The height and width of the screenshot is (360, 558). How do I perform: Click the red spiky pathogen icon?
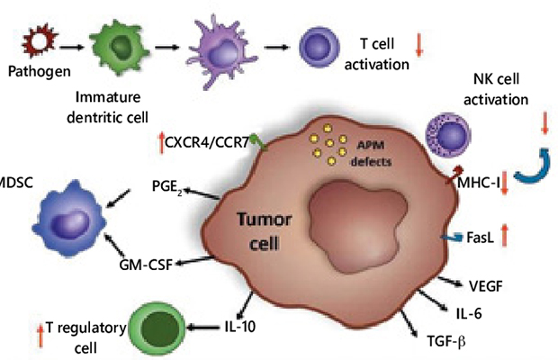click(39, 41)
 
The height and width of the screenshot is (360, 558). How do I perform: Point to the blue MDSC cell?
click(69, 219)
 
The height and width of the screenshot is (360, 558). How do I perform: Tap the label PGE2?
click(166, 187)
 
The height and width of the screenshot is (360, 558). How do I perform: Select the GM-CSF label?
click(146, 265)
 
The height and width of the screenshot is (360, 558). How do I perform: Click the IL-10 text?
click(240, 327)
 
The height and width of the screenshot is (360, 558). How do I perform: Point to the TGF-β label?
click(446, 341)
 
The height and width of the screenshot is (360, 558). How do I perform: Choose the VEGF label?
click(486, 286)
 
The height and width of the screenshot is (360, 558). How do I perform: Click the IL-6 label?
click(469, 314)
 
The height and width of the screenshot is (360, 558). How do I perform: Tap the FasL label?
click(480, 238)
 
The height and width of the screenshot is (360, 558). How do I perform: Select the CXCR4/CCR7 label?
click(207, 143)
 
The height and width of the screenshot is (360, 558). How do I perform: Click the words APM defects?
click(371, 154)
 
